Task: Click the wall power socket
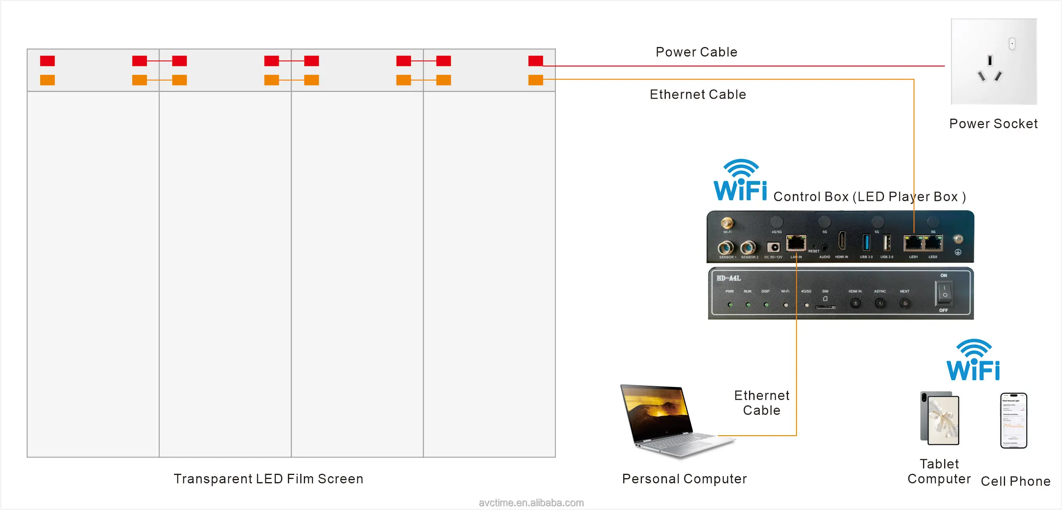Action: click(x=994, y=61)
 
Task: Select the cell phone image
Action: click(x=1013, y=420)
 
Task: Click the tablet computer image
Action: click(x=940, y=418)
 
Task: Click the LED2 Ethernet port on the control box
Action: click(x=933, y=244)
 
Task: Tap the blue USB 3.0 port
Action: click(x=866, y=242)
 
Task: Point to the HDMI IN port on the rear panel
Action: click(x=841, y=241)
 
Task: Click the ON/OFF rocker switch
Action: click(x=943, y=292)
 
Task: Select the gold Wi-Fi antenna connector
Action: click(x=727, y=223)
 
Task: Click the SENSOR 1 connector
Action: click(x=726, y=248)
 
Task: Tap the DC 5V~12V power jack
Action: click(x=773, y=247)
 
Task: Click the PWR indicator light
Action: click(x=730, y=305)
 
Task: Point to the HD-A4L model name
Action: click(x=728, y=278)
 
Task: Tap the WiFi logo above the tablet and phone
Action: click(x=973, y=360)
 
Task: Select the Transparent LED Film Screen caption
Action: click(x=268, y=479)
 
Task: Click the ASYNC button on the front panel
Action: click(x=880, y=303)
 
